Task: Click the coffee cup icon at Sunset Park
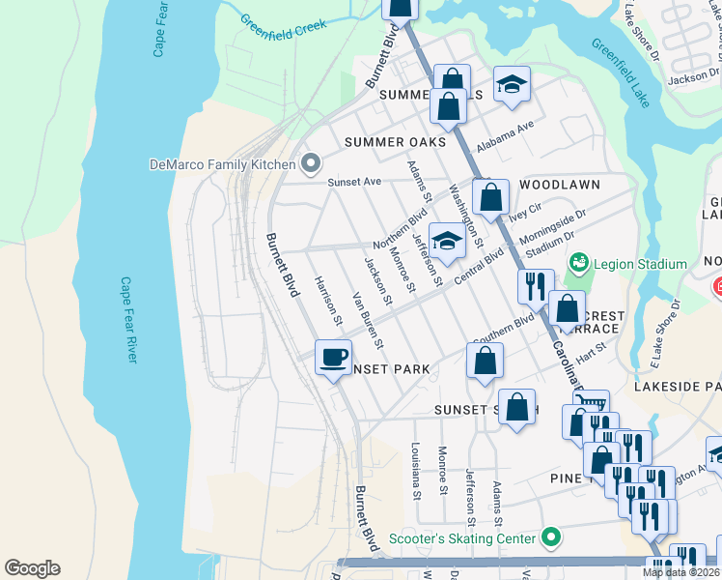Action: (x=333, y=358)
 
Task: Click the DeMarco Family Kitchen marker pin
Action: (x=310, y=163)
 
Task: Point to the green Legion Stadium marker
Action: (x=579, y=263)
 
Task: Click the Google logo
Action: (x=32, y=568)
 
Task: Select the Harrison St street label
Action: (x=329, y=297)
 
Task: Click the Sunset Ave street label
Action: (x=354, y=182)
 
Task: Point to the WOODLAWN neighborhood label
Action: (x=560, y=184)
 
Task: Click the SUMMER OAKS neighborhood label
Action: (x=396, y=142)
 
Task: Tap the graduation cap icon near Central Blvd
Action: (x=447, y=242)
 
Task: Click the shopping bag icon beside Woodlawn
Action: (x=490, y=198)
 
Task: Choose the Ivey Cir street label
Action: (x=525, y=211)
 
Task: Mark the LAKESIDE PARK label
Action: (x=678, y=386)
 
